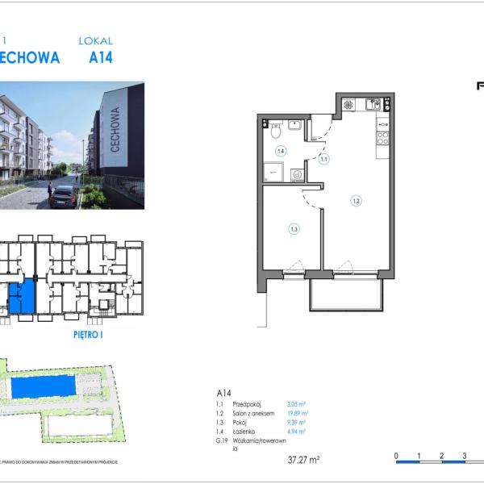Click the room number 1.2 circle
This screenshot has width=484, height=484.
(x=355, y=200)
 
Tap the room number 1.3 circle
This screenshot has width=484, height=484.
(x=294, y=229)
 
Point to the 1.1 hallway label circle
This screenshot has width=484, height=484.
(x=323, y=160)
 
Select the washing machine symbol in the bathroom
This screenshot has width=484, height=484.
(x=298, y=173)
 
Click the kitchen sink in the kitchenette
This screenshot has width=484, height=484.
(x=373, y=104)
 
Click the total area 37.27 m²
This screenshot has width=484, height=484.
(x=303, y=460)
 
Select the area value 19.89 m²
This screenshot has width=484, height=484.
(x=298, y=413)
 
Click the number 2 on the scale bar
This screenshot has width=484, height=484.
(x=442, y=456)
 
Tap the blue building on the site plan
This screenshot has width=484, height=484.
(x=44, y=386)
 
